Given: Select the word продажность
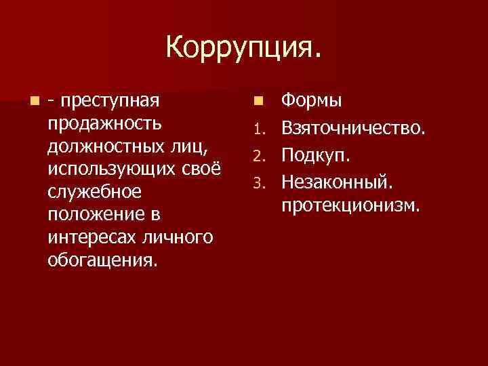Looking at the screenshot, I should coord(105,125).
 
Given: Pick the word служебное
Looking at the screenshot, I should coord(95,192).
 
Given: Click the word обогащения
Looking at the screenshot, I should coord(102,261).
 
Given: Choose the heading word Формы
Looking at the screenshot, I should coord(312,102).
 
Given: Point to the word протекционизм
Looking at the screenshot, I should coord(352,204).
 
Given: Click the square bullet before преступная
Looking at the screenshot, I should coord(34,102).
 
